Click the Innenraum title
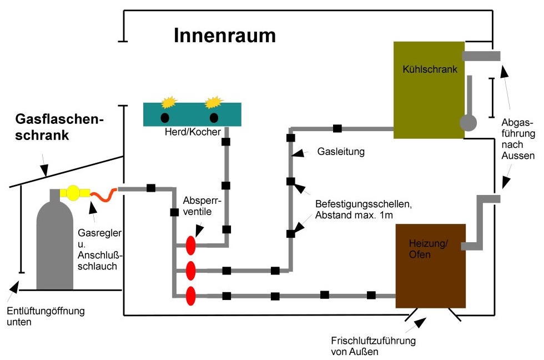(225, 36)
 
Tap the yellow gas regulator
(74, 193)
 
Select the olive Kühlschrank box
(429, 89)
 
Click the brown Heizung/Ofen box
(430, 266)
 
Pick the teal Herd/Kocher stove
(193, 114)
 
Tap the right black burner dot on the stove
(214, 118)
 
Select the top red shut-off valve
(191, 245)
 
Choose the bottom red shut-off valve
(191, 296)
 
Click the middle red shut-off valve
(191, 271)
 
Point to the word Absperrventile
(199, 204)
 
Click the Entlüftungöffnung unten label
(46, 316)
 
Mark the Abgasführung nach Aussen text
(517, 138)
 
